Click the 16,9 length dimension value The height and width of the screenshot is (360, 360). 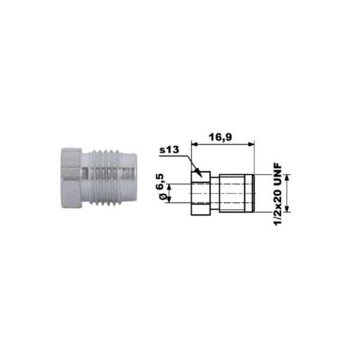(x=220, y=137)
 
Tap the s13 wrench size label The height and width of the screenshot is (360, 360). (x=169, y=149)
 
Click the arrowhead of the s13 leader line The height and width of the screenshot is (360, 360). (x=199, y=173)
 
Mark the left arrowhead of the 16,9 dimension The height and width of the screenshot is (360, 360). (x=194, y=144)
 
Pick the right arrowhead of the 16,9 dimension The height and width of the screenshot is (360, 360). (x=251, y=144)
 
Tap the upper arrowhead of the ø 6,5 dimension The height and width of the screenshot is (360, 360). (x=170, y=187)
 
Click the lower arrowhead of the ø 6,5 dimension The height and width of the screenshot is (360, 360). (x=170, y=200)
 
